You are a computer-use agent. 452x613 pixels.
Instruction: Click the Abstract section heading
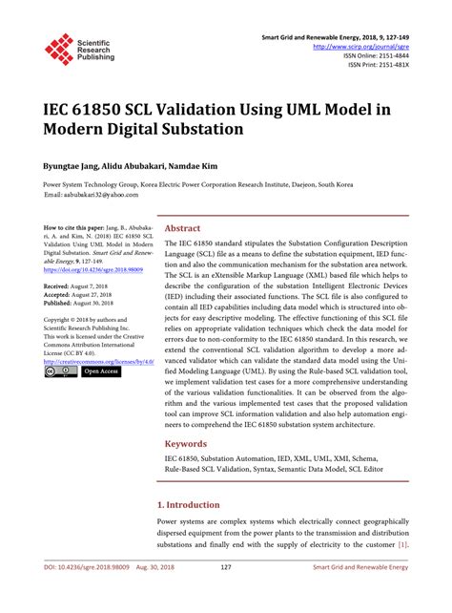click(x=182, y=229)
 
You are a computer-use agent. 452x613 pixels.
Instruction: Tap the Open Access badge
click(x=99, y=372)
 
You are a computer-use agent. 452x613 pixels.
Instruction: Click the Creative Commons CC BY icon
click(x=59, y=372)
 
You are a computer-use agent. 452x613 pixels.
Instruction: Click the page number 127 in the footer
click(x=226, y=596)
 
